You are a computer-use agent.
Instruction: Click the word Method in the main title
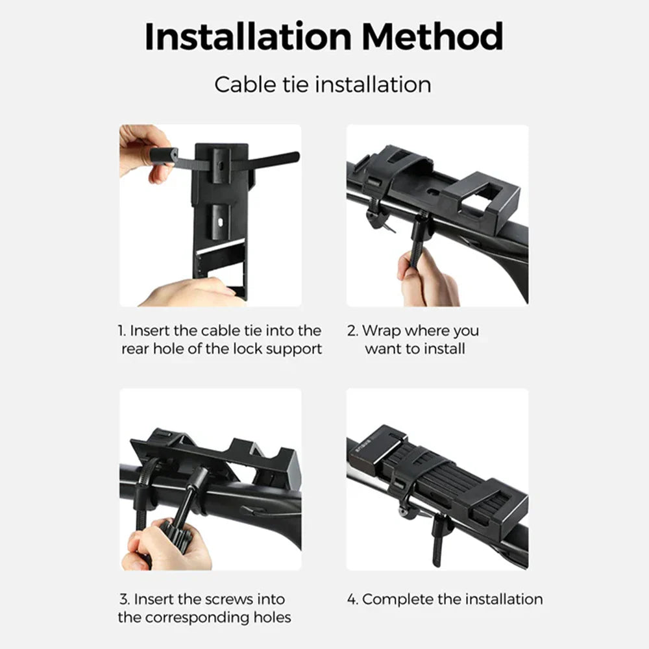coord(432,36)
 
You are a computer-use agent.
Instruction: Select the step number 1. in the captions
coord(122,331)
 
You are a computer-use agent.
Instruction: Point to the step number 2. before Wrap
coord(352,331)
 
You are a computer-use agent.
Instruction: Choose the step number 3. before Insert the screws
coord(125,599)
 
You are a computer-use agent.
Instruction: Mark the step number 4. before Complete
coord(352,599)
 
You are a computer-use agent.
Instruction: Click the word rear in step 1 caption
coord(135,349)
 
